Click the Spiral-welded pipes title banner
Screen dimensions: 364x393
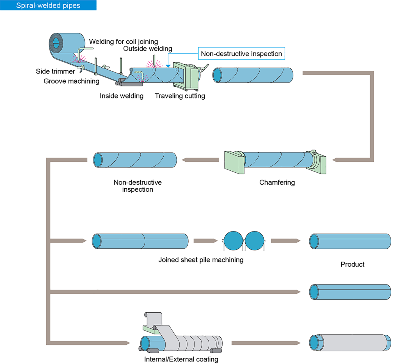point(48,5)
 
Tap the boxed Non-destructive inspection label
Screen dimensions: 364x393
point(241,54)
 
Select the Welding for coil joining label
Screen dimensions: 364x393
point(124,42)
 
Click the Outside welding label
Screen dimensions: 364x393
point(148,49)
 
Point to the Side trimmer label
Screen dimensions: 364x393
point(55,71)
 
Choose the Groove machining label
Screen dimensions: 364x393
point(71,81)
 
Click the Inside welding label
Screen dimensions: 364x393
point(122,96)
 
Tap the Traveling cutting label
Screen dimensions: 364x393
point(180,96)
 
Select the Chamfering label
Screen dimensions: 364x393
point(277,182)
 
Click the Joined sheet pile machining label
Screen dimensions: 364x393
point(201,260)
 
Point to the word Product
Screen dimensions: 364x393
point(352,264)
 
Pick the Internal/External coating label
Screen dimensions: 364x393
point(181,359)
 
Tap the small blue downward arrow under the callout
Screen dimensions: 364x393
point(168,66)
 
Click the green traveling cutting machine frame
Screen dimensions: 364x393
point(185,76)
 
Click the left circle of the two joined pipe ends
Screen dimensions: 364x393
point(233,241)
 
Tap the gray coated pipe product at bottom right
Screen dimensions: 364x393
point(351,342)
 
